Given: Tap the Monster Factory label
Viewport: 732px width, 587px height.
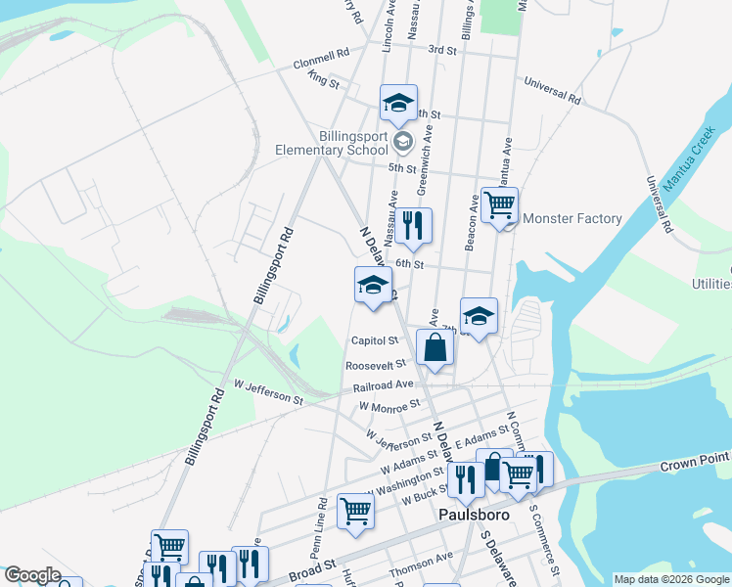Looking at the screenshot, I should [x=572, y=218].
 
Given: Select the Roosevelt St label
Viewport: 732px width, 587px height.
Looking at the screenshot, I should [x=368, y=365].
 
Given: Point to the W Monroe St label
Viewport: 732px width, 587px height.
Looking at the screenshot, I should [x=389, y=404].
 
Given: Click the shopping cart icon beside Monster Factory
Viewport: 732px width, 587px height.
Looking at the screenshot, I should [x=499, y=205].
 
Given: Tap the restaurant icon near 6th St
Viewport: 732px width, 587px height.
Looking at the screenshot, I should [x=413, y=226].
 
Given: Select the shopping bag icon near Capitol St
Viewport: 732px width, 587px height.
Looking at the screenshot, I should [x=435, y=347].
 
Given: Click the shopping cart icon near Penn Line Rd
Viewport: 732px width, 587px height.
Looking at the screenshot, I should [x=355, y=511].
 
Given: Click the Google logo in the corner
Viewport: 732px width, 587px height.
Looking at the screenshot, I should [x=32, y=575].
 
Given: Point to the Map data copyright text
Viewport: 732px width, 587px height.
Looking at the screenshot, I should [x=671, y=579].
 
